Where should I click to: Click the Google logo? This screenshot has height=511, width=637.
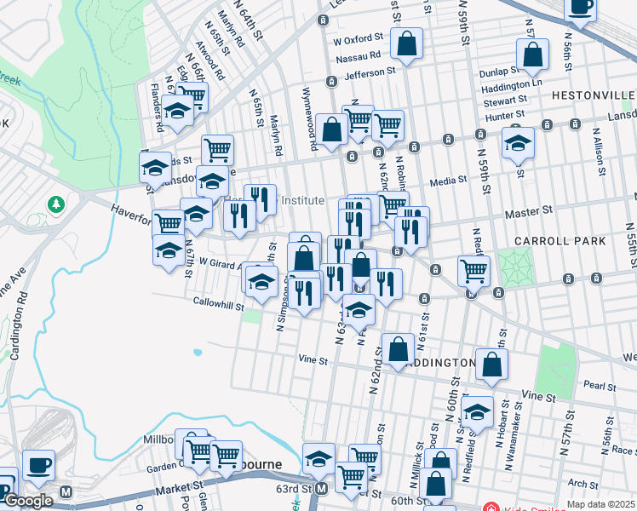(28, 501)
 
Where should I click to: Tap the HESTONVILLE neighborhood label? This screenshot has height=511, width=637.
(593, 95)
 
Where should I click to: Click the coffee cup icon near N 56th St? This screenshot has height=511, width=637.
(582, 8)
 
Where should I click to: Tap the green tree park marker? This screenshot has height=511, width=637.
(56, 204)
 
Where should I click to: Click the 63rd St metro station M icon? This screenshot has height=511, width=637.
(321, 489)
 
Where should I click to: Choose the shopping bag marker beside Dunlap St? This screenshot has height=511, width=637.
(532, 55)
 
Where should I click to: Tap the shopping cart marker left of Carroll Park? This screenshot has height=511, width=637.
(474, 272)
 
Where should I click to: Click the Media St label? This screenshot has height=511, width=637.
(449, 181)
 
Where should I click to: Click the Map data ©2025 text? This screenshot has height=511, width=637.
(600, 504)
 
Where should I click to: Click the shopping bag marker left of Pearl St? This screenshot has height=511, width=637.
(492, 365)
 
